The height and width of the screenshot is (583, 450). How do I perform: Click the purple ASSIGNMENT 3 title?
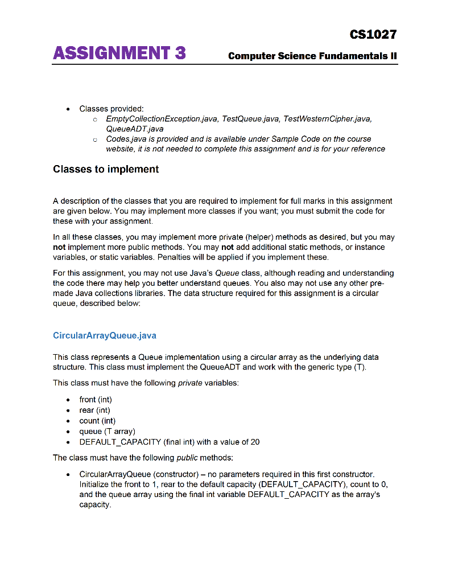(x=119, y=54)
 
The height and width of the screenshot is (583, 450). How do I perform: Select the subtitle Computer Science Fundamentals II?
(x=312, y=56)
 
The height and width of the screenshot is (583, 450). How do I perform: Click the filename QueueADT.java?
(x=134, y=129)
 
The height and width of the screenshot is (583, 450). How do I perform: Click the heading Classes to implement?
(x=106, y=170)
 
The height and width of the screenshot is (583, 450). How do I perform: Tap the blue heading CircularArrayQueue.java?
(x=104, y=335)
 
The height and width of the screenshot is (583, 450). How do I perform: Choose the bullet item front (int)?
(x=96, y=400)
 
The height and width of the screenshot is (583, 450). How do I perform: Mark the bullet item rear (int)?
(x=94, y=410)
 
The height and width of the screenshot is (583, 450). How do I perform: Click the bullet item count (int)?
(x=97, y=421)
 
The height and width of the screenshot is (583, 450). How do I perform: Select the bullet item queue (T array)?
(x=107, y=432)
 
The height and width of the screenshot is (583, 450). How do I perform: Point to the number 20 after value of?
(x=254, y=442)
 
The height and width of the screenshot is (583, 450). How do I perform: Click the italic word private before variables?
(x=190, y=383)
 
